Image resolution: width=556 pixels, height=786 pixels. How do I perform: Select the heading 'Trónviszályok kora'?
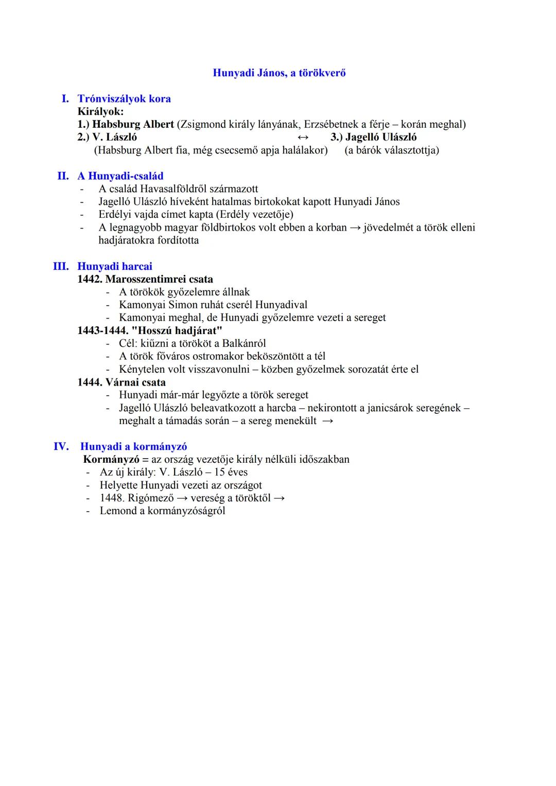pos(124,98)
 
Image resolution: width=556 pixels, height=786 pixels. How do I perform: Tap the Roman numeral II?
pos(63,176)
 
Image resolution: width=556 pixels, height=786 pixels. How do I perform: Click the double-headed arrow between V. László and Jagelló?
pos(303,137)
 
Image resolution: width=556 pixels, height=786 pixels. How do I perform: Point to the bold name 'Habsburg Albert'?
pos(133,125)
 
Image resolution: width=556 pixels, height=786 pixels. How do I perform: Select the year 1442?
pos(90,279)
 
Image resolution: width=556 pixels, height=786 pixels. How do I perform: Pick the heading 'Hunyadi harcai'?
pos(115,266)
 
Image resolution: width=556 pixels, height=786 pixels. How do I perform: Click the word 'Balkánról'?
pos(244,343)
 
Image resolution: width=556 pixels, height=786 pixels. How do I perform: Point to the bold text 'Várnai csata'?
pos(135,382)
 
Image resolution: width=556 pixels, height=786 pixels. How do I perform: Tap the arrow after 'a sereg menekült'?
pos(327,421)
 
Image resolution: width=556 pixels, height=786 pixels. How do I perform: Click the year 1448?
pos(111,498)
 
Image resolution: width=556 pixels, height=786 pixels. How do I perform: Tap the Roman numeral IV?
pos(61,446)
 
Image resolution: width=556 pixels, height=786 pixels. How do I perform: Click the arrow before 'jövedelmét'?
pos(355,228)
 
